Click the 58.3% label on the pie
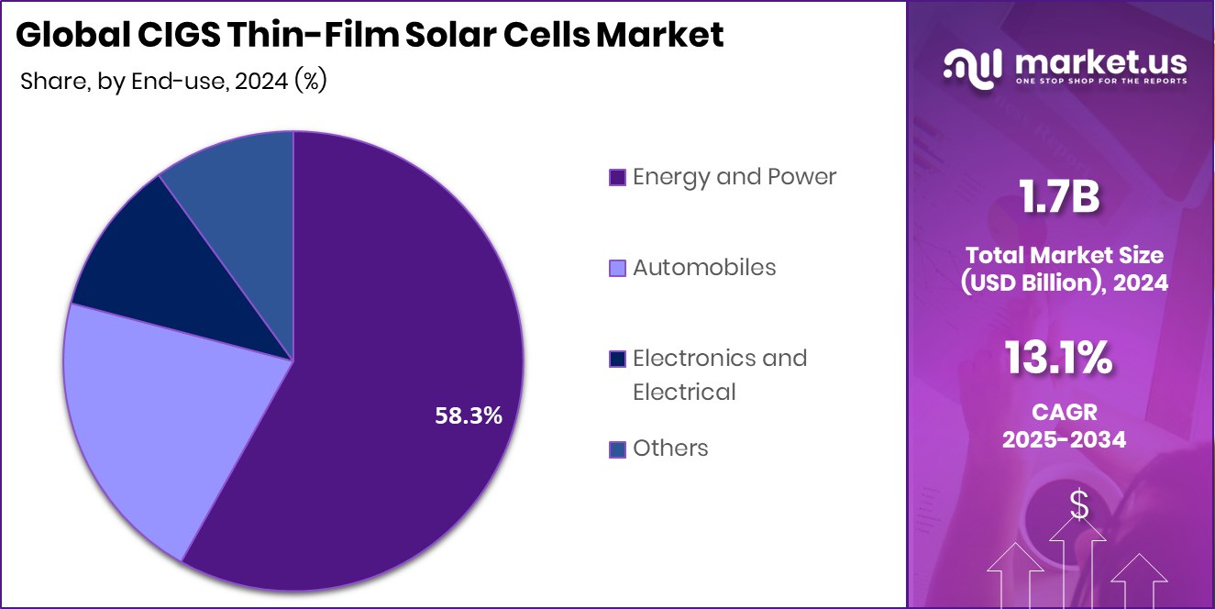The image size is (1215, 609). [x=468, y=415]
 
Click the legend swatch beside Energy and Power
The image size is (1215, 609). [x=617, y=177]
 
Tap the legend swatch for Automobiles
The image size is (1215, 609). [x=617, y=268]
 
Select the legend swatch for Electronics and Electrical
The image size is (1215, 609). [x=617, y=359]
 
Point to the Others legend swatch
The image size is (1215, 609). [x=617, y=449]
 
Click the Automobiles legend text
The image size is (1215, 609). [x=704, y=267]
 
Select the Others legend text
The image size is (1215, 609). [x=670, y=448]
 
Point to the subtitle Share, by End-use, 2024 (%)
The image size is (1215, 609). [x=173, y=81]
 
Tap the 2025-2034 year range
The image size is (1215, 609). [x=1064, y=440]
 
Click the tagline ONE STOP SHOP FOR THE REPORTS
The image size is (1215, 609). [x=1100, y=82]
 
